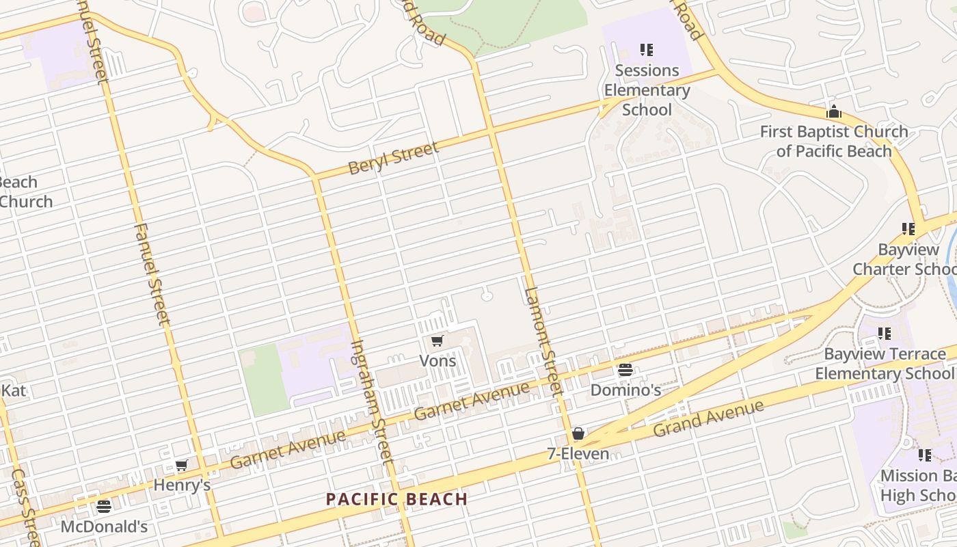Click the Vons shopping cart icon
click(437, 341)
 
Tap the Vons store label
click(437, 360)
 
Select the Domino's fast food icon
click(625, 371)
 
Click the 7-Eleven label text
click(578, 453)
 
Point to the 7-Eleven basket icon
click(578, 433)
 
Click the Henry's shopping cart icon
click(181, 466)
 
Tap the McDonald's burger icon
click(104, 507)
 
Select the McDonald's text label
click(104, 526)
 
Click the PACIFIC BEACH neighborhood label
click(396, 499)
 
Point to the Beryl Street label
click(393, 159)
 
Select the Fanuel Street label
click(151, 273)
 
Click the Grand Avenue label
click(708, 418)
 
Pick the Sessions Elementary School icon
click(647, 50)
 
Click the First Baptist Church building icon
click(834, 111)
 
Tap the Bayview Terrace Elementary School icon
click(885, 334)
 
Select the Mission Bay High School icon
click(925, 455)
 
